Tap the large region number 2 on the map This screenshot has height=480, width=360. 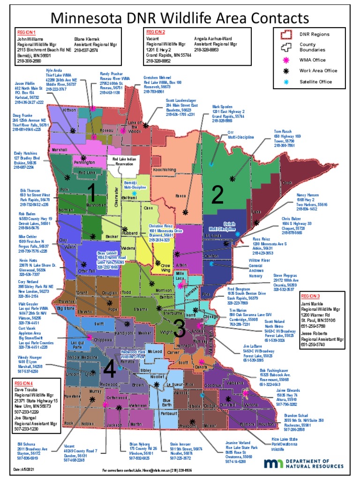217,196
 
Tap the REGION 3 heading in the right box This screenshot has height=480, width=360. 310,296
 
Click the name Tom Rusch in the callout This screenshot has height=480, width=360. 283,131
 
